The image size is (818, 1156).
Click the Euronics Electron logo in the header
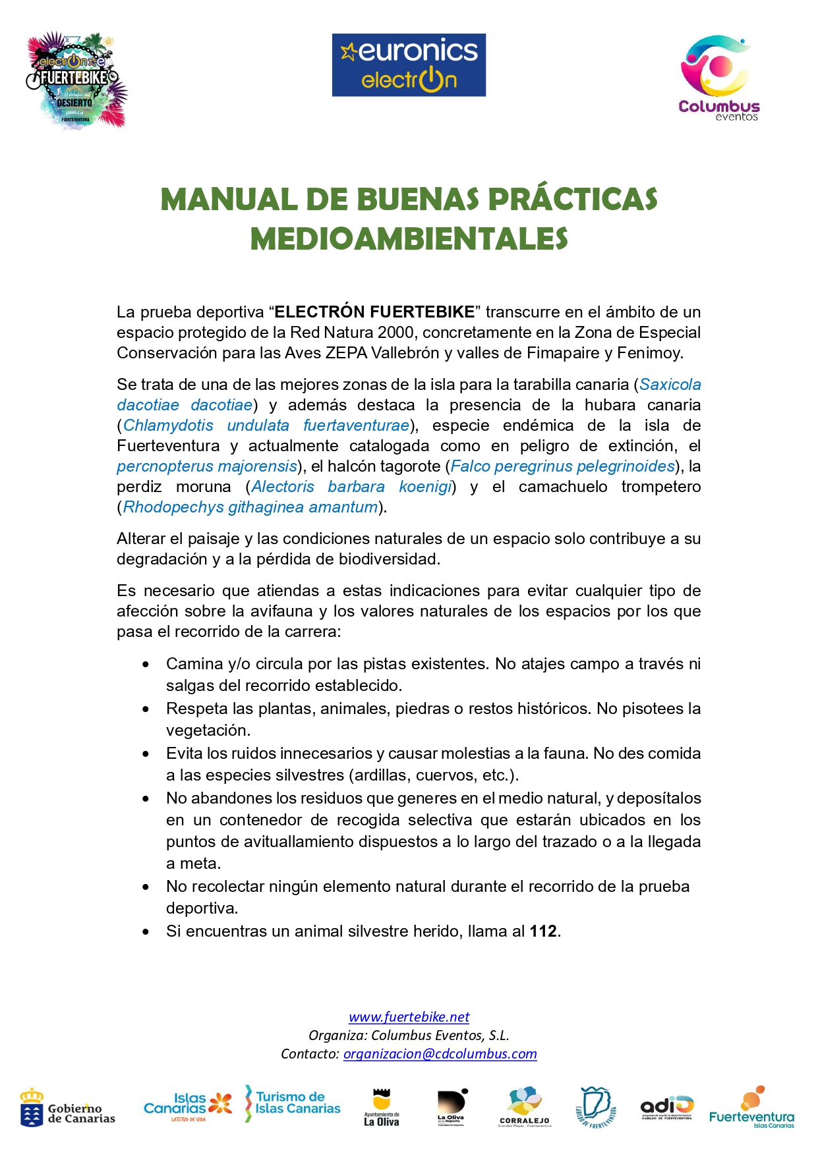click(409, 65)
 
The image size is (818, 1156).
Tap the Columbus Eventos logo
click(718, 78)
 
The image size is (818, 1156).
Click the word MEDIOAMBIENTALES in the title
click(409, 239)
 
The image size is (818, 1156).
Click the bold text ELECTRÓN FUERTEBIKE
click(374, 312)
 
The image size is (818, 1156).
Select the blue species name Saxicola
click(670, 385)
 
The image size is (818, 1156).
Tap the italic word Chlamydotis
click(168, 426)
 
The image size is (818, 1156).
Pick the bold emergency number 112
click(543, 931)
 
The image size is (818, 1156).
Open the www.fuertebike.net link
click(409, 1017)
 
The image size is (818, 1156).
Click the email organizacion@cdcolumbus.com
click(440, 1054)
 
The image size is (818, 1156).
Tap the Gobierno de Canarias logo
click(67, 1108)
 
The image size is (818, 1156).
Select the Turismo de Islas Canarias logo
click(293, 1103)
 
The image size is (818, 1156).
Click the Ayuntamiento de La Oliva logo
click(382, 1108)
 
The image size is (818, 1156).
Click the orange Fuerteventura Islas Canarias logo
click(751, 1108)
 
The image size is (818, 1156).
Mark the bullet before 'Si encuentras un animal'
click(146, 931)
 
